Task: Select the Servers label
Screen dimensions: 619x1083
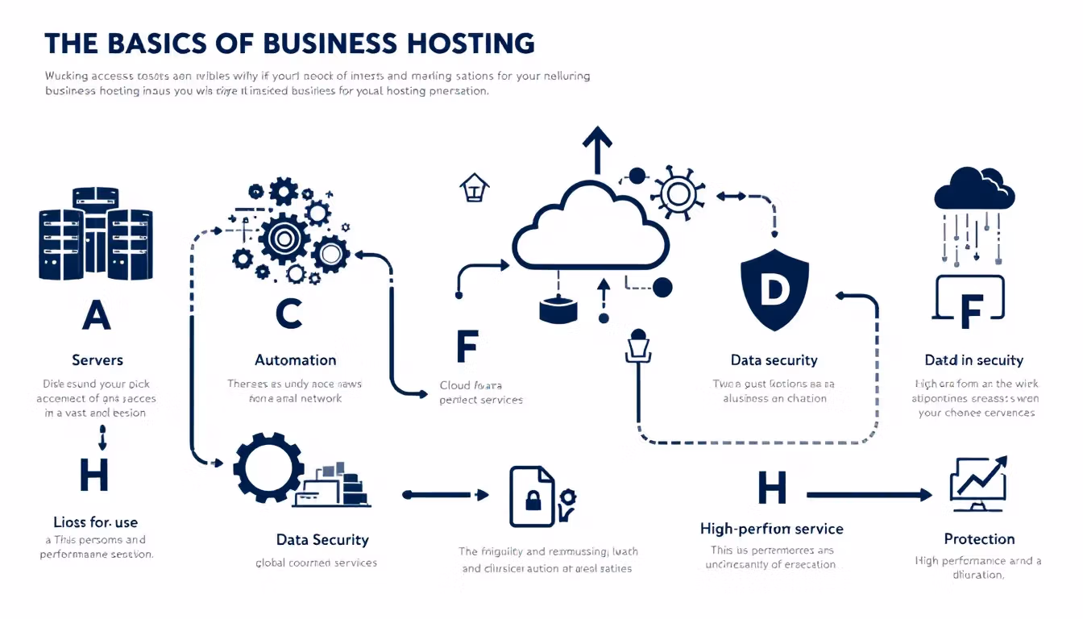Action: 97,359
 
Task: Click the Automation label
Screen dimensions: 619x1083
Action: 295,359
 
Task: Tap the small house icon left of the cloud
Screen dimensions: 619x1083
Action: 474,189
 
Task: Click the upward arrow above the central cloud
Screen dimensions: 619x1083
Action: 596,148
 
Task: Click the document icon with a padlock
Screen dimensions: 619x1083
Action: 533,496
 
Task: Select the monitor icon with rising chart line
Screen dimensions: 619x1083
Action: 978,484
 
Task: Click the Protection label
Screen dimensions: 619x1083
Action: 979,538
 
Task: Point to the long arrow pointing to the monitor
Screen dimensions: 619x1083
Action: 869,495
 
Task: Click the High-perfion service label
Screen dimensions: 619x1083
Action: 771,529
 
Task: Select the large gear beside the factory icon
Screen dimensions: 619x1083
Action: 268,468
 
